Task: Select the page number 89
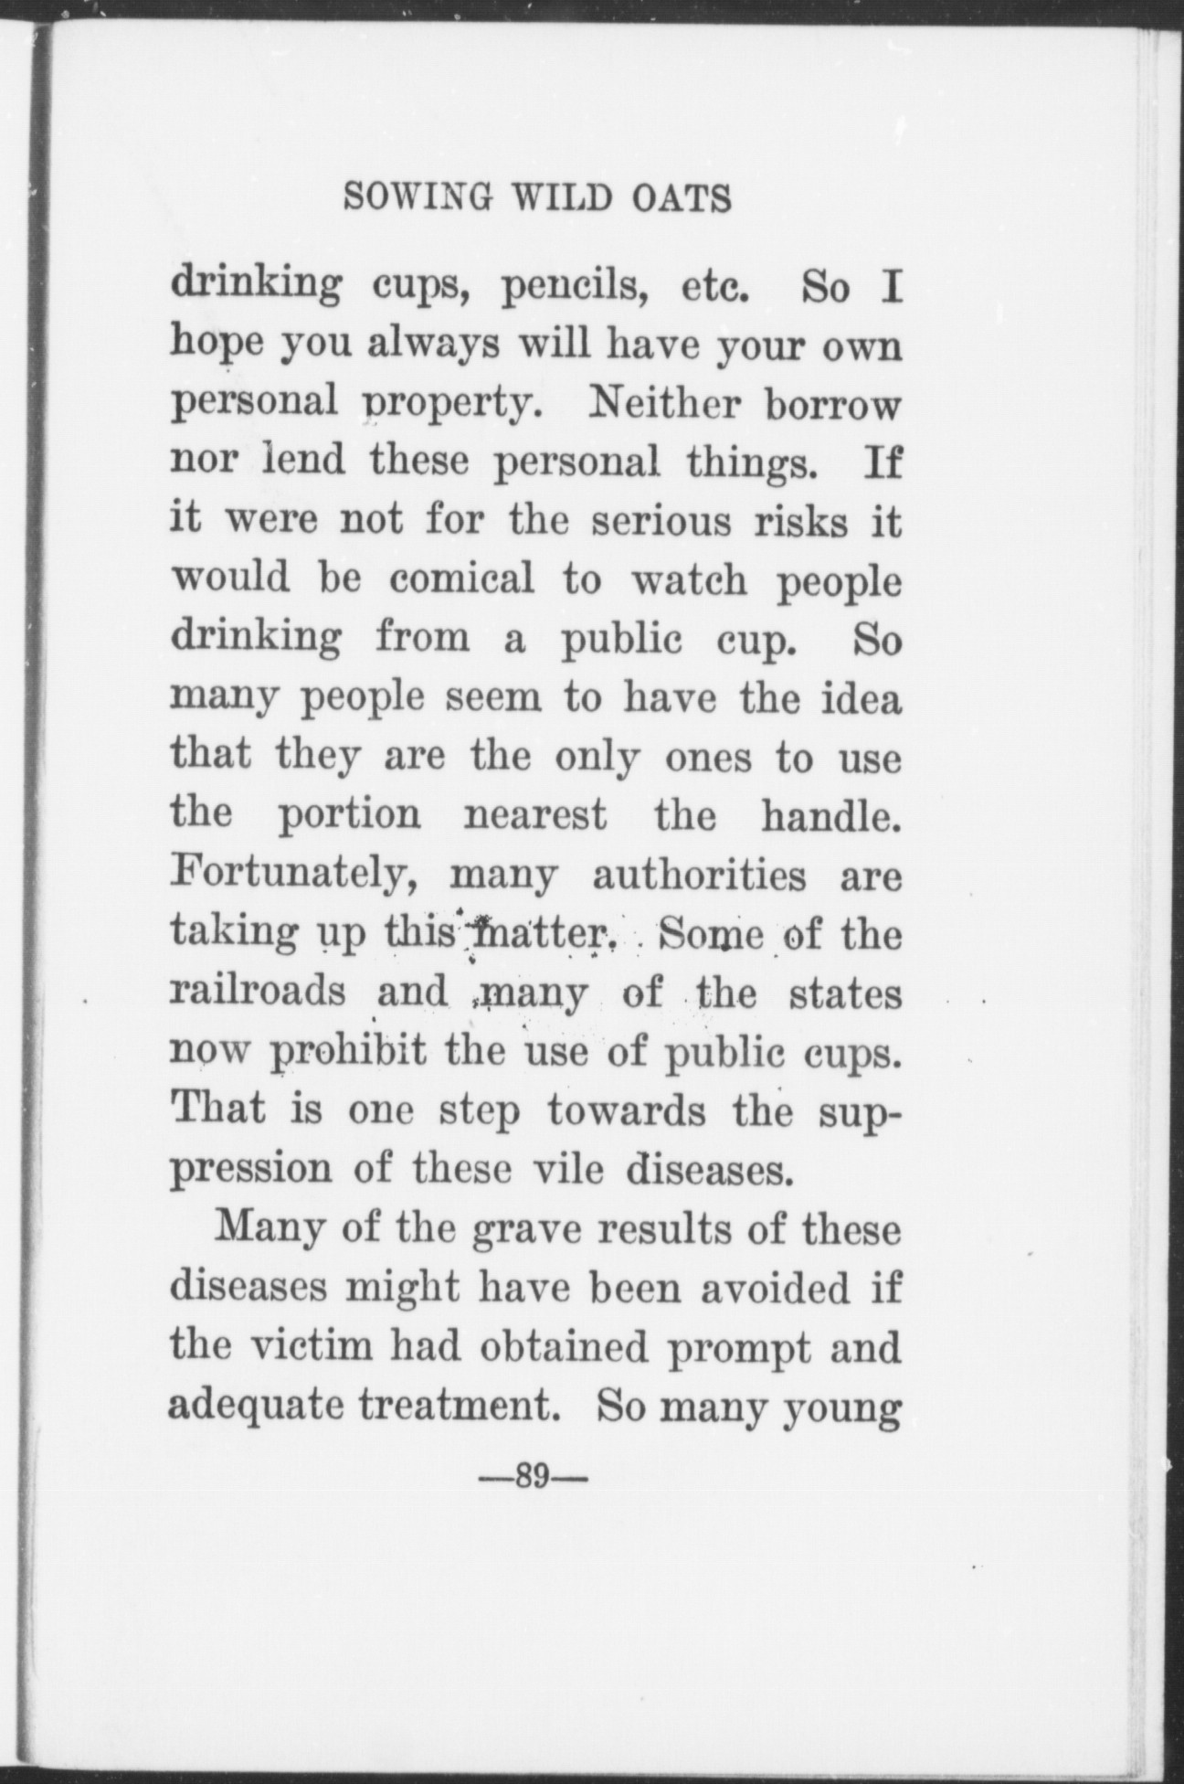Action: (530, 1475)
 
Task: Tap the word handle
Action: (831, 813)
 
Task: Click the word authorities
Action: (699, 876)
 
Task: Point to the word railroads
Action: (259, 993)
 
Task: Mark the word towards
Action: (627, 1110)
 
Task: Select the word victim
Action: (308, 1347)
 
